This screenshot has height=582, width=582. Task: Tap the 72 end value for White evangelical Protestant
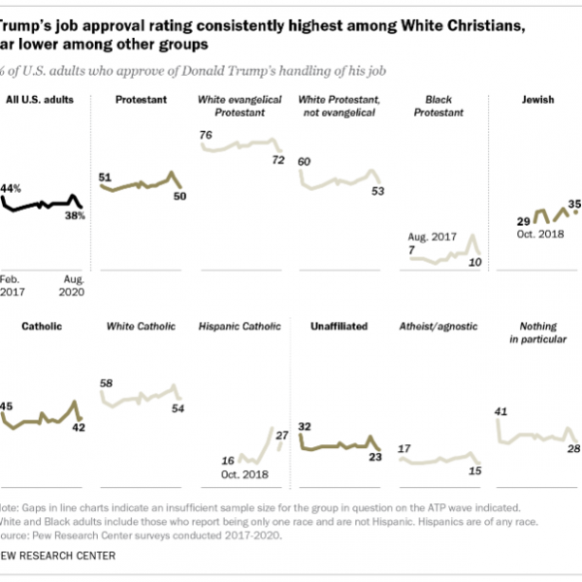point(278,159)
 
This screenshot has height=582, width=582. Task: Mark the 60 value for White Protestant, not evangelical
point(306,161)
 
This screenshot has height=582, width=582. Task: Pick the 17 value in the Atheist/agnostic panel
point(404,448)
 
